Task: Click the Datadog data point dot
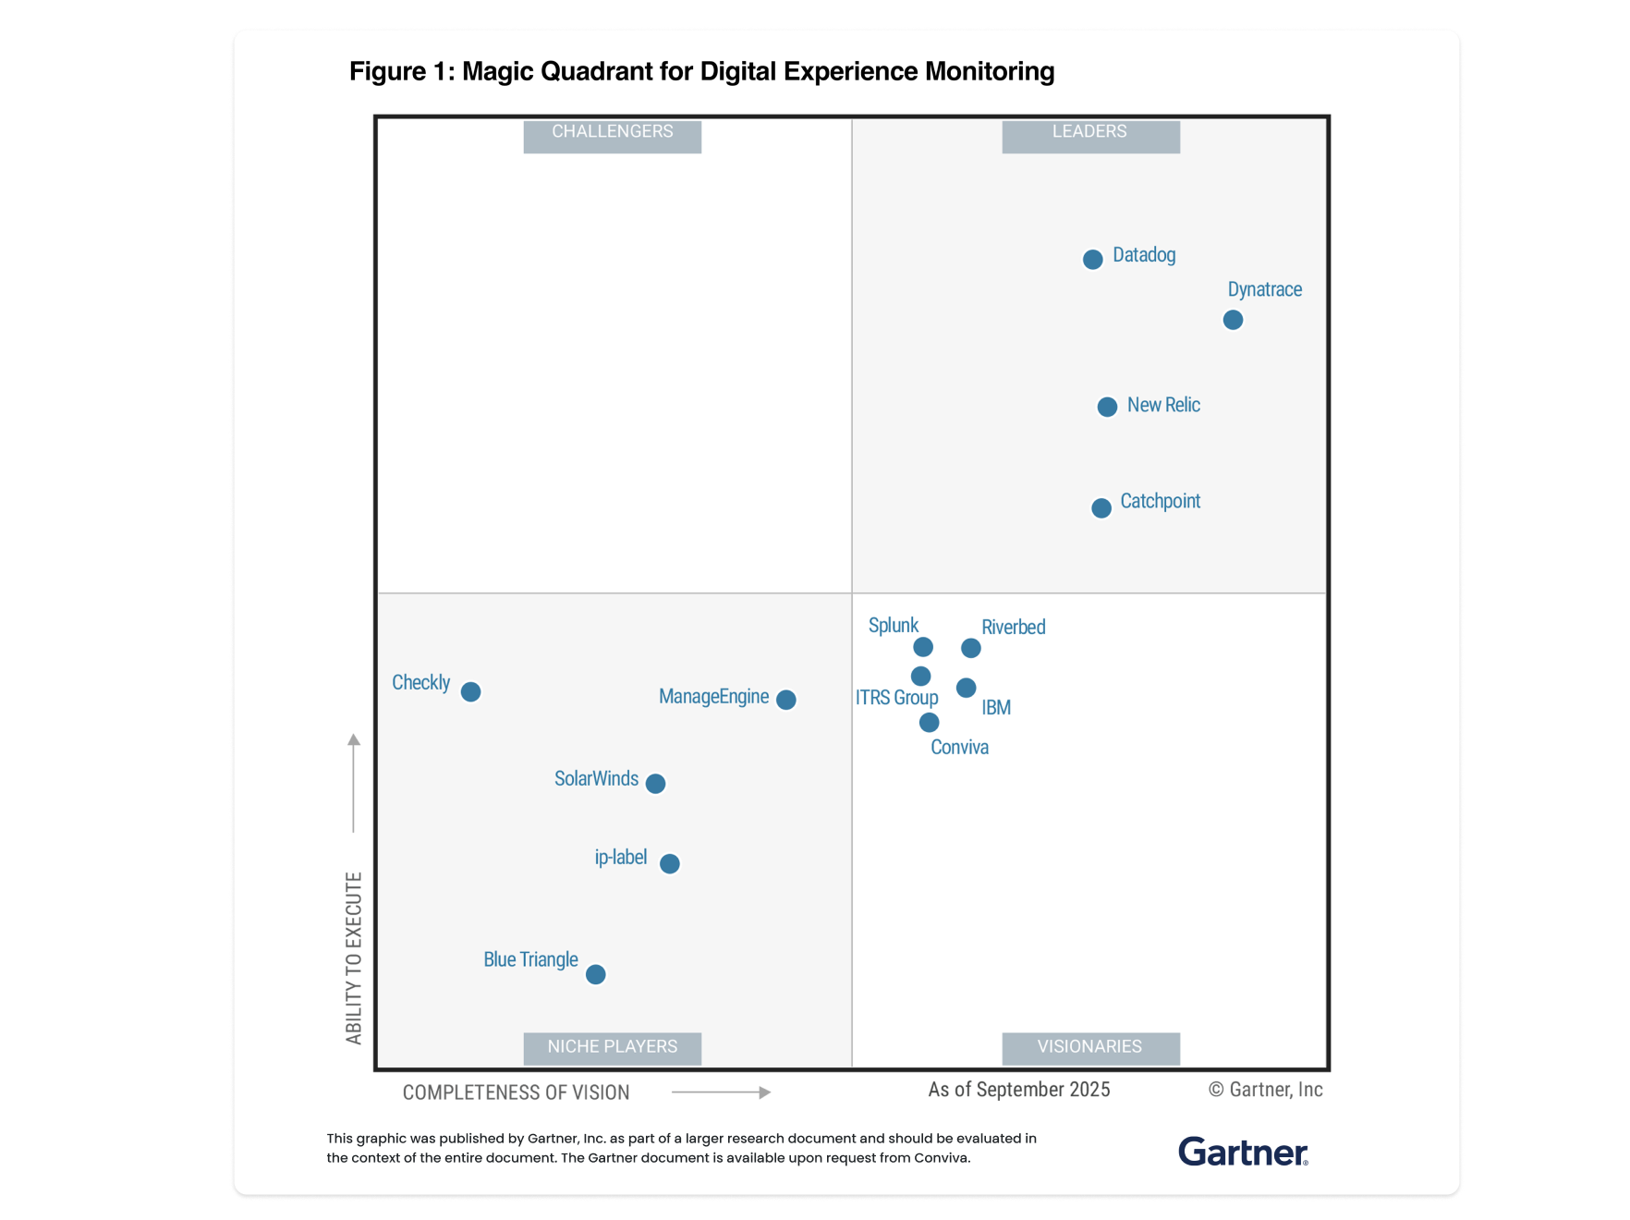coord(1092,260)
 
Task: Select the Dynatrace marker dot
coord(1233,320)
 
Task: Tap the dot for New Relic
coord(1107,407)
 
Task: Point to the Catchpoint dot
coord(1101,508)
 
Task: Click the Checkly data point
coord(470,691)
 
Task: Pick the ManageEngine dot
coord(786,700)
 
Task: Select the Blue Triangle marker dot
coord(596,974)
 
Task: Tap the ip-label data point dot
coord(670,863)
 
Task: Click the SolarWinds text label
coord(596,779)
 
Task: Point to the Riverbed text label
coord(1013,628)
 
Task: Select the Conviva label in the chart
coord(959,748)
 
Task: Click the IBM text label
coord(996,708)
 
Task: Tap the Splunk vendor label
coord(894,626)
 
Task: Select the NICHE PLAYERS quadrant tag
coord(612,1047)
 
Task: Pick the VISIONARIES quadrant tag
coord(1090,1047)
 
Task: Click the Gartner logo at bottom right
coord(1243,1153)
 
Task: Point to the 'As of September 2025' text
coord(1018,1091)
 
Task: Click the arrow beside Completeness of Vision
coord(722,1092)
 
